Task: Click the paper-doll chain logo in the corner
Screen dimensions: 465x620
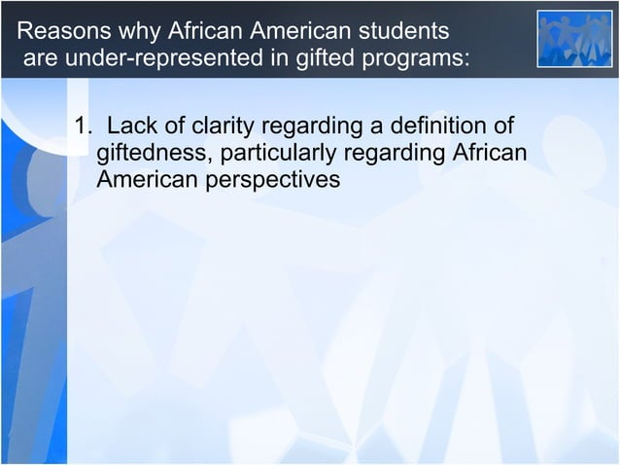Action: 574,39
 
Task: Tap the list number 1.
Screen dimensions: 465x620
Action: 84,126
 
